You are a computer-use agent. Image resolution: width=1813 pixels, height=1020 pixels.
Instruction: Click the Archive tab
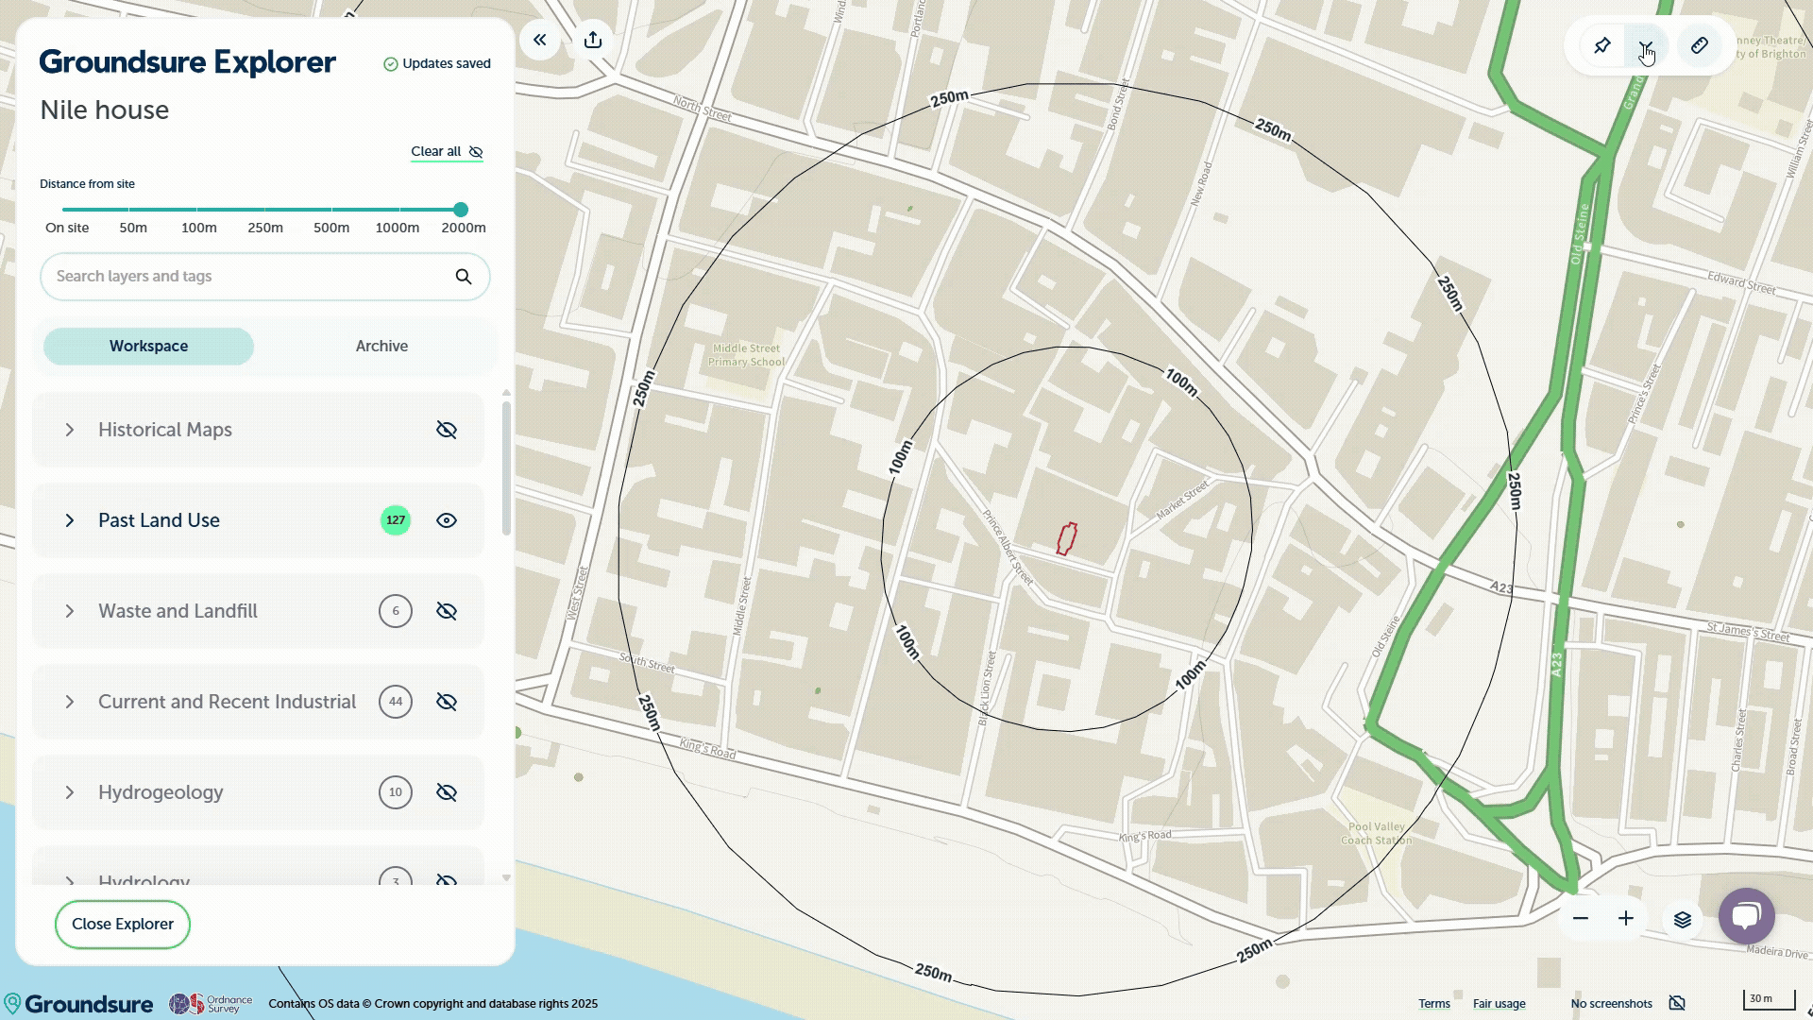(381, 347)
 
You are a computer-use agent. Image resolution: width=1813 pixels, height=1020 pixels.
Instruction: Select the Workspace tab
(148, 347)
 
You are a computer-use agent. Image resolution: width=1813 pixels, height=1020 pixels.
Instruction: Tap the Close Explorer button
(123, 925)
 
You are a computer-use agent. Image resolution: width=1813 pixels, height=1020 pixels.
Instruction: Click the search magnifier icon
(464, 277)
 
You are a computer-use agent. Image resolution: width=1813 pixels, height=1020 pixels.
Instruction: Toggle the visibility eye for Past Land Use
(447, 520)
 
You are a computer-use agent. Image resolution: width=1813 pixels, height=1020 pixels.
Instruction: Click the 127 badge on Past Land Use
(396, 520)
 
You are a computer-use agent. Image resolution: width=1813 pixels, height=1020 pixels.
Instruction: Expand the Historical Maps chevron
(70, 430)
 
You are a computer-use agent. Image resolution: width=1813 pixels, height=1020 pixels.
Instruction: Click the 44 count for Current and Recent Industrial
(396, 702)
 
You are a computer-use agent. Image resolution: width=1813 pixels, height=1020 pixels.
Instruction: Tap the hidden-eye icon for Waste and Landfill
(447, 611)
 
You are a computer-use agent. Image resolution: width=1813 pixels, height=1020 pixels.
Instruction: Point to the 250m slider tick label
(265, 228)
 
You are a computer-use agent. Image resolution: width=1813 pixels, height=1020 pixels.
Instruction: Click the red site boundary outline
(1067, 539)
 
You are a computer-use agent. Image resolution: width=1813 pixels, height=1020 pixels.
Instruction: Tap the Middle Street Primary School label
(746, 355)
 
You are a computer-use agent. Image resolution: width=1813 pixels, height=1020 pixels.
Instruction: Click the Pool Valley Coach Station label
(1377, 833)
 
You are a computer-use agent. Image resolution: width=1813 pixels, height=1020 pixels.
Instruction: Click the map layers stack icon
(1683, 919)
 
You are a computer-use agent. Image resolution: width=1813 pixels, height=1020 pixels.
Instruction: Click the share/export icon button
(593, 40)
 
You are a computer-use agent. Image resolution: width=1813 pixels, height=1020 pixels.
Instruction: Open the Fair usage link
(1499, 1004)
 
